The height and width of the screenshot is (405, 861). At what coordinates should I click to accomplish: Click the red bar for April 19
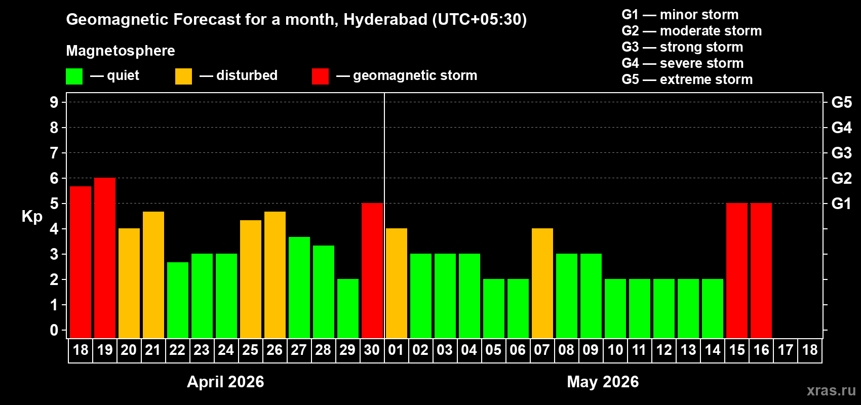(105, 258)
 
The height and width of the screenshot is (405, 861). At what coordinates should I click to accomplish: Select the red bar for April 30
(372, 270)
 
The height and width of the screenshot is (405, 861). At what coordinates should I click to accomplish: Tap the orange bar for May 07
(542, 283)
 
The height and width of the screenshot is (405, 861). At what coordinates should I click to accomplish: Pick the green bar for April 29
(348, 308)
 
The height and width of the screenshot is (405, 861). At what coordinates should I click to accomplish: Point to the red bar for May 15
(737, 270)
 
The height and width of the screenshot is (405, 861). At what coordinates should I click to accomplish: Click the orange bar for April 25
(251, 279)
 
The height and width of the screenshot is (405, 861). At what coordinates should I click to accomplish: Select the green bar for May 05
(494, 308)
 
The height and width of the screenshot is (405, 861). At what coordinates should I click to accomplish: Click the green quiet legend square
(74, 76)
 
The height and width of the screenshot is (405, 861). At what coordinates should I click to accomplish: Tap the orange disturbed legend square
(183, 76)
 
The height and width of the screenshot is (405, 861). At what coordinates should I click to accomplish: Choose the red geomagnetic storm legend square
(320, 76)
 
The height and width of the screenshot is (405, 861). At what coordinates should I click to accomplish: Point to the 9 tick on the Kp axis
(54, 102)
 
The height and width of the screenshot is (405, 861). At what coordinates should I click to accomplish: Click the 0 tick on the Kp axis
(54, 330)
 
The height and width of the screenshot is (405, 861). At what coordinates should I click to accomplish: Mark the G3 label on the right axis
(841, 153)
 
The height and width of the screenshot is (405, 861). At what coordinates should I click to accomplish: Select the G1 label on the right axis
(841, 204)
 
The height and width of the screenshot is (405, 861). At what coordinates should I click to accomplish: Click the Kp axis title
(32, 217)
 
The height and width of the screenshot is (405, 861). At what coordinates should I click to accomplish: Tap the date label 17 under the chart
(786, 350)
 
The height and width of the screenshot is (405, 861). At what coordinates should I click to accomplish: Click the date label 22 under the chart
(177, 350)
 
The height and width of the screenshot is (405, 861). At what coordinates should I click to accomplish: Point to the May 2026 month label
(603, 382)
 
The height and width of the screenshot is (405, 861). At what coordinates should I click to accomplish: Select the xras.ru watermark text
(831, 390)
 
